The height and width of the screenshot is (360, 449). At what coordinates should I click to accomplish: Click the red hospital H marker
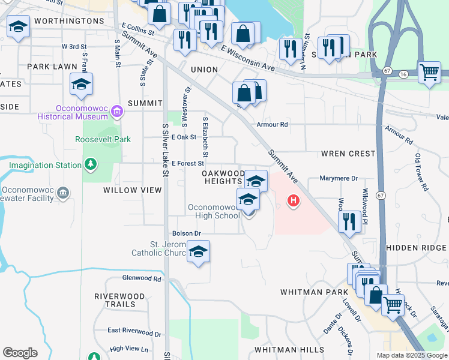[x=293, y=200]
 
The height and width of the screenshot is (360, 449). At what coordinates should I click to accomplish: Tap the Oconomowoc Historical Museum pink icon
[x=117, y=111]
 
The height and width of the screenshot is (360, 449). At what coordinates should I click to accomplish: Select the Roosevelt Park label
[x=103, y=139]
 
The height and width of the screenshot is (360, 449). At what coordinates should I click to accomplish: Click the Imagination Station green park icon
[x=90, y=164]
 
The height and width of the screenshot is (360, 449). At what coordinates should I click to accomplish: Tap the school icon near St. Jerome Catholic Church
[x=198, y=253]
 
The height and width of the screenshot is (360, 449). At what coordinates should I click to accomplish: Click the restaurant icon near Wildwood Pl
[x=349, y=221]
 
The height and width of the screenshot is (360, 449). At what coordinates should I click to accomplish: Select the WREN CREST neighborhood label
[x=349, y=154]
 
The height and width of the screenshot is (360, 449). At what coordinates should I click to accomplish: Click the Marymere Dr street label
[x=339, y=178]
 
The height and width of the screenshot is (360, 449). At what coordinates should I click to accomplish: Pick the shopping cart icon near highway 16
[x=429, y=73]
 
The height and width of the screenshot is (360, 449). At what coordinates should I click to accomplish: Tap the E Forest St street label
[x=188, y=163]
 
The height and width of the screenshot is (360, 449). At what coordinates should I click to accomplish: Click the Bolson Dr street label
[x=185, y=233]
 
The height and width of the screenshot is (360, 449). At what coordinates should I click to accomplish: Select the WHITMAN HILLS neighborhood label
[x=289, y=349]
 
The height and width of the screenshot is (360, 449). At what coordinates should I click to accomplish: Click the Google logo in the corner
[x=20, y=353]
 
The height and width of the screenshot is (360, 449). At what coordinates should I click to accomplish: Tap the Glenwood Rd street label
[x=142, y=278]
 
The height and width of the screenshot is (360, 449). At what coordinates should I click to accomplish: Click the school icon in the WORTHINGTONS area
[x=19, y=27]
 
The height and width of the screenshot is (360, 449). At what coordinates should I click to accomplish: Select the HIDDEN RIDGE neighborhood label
[x=416, y=248]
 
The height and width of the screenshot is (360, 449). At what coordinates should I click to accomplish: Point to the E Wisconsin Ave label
[x=247, y=59]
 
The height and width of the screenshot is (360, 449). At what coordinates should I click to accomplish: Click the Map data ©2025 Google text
[x=411, y=355]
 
